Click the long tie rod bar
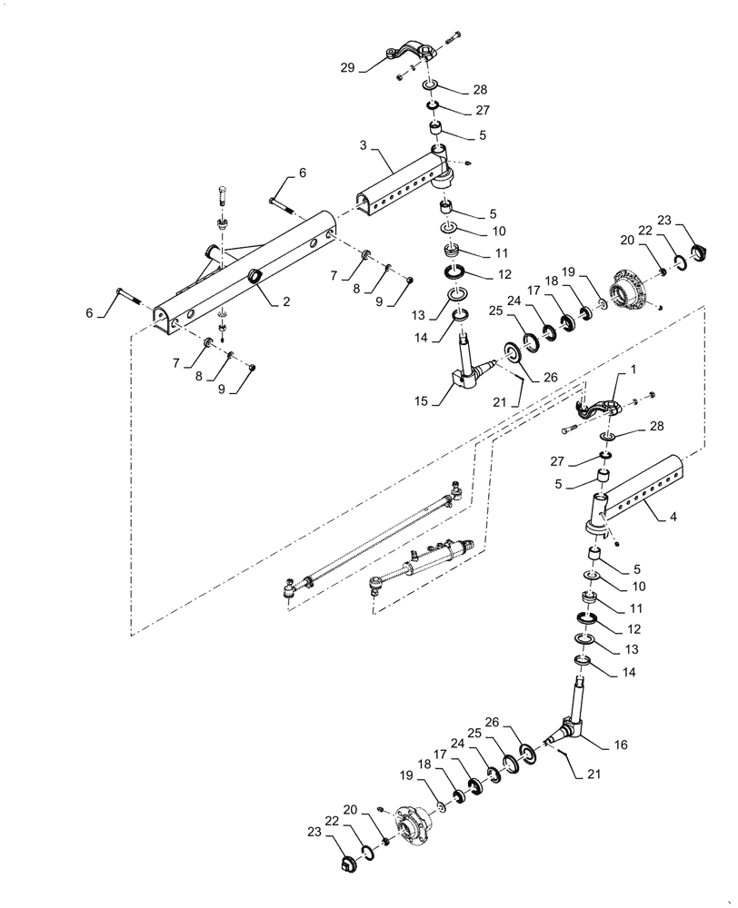373,539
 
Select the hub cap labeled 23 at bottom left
347,863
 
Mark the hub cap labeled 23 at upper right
699,252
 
